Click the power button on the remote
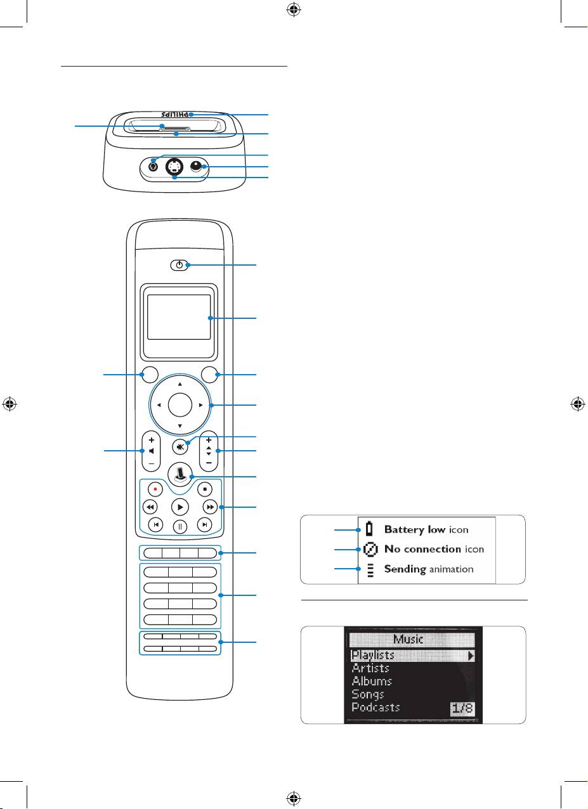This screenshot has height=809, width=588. pos(180,265)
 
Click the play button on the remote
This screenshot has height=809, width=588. pos(180,507)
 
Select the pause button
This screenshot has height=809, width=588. pos(180,526)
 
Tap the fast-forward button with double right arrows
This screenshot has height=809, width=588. pos(209,507)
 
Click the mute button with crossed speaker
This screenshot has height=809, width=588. pos(180,445)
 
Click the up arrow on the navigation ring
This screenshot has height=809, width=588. pos(180,384)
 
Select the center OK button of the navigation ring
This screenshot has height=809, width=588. pos(180,404)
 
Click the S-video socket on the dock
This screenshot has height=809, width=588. pos(174,169)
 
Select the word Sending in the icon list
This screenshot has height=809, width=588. pos(405,569)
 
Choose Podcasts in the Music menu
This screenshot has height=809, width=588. pos(376,707)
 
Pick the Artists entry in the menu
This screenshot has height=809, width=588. pos(370,668)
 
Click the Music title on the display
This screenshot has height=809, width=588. pos(408,640)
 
